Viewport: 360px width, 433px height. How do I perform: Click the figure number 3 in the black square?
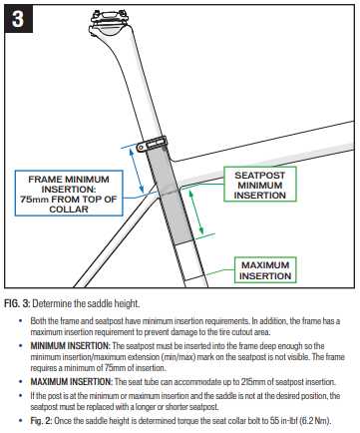(x=18, y=19)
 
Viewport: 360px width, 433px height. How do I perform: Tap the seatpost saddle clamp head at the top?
(x=110, y=22)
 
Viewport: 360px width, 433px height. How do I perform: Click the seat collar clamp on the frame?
(x=152, y=144)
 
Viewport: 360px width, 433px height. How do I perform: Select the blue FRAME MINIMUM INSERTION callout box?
(x=69, y=194)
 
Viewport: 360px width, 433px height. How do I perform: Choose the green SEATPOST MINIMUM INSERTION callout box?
(x=260, y=185)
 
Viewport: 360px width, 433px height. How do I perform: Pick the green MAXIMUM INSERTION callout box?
(x=265, y=270)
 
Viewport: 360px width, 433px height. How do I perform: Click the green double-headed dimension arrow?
(x=196, y=213)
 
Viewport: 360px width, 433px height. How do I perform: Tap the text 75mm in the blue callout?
(x=34, y=200)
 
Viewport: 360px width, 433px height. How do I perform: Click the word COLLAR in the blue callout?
(x=69, y=210)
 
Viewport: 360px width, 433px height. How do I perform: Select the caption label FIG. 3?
(x=17, y=303)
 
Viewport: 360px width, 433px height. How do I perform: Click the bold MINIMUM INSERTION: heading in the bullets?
(x=70, y=346)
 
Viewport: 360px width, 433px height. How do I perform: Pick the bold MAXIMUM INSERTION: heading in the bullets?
(x=72, y=382)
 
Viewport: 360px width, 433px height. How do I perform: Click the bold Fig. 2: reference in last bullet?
(x=41, y=421)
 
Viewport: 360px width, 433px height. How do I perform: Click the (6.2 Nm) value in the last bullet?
(x=315, y=421)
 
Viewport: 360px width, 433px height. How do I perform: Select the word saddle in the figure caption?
(x=100, y=303)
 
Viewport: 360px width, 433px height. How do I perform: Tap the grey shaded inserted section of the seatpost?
(x=171, y=197)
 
